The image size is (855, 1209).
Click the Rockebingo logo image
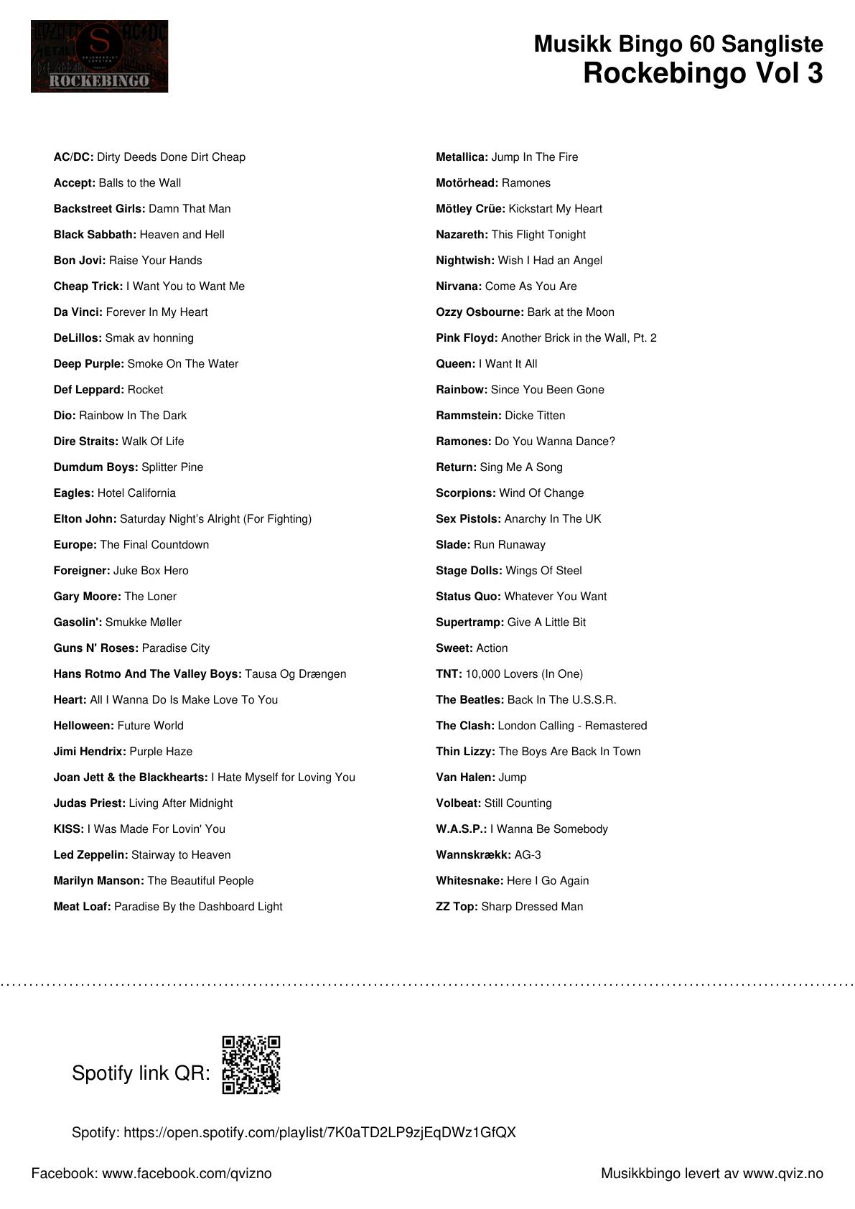[x=99, y=56]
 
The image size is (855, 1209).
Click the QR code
[x=251, y=1065]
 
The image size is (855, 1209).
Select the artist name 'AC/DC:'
[x=73, y=157]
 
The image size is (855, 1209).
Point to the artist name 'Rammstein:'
[x=468, y=416]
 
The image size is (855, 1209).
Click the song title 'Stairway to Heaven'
[x=181, y=855]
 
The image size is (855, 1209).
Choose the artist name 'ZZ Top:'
[x=456, y=907]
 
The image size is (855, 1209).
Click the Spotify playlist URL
[x=319, y=1133]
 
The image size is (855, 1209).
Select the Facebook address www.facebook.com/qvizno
[x=187, y=1174]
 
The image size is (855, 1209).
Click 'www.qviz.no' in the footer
[x=782, y=1174]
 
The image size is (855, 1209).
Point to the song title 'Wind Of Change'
[x=541, y=493]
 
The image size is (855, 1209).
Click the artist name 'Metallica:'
[x=462, y=157]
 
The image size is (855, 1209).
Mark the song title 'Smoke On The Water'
[x=183, y=364]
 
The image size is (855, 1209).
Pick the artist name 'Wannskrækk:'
[x=473, y=855]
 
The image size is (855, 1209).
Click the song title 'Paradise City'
[x=176, y=648]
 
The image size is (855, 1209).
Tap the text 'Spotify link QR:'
[x=141, y=1073]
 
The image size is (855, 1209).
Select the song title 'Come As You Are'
[x=531, y=286]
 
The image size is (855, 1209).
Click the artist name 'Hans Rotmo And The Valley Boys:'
[x=147, y=674]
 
